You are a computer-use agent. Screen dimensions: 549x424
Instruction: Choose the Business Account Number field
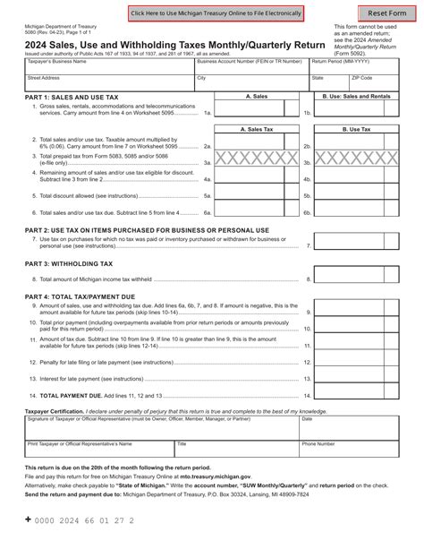tap(251, 64)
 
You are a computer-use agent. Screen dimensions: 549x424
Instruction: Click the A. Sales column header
tap(256, 94)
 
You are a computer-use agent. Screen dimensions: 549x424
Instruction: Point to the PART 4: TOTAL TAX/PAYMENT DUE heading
tap(87, 296)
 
